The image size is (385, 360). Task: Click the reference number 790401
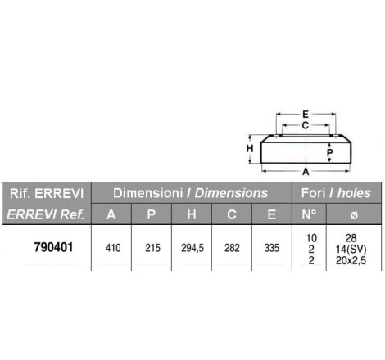click(x=53, y=247)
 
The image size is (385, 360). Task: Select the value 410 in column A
click(x=113, y=248)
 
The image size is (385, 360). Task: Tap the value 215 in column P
click(x=152, y=248)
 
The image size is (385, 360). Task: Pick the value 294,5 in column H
click(x=192, y=248)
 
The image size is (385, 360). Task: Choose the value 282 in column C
click(x=232, y=248)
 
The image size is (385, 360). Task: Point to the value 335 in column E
click(x=272, y=248)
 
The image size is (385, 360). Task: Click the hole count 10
click(x=311, y=238)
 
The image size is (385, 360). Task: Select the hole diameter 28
click(x=351, y=238)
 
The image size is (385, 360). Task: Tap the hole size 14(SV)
click(x=351, y=250)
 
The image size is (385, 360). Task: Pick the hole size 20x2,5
click(x=351, y=261)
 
